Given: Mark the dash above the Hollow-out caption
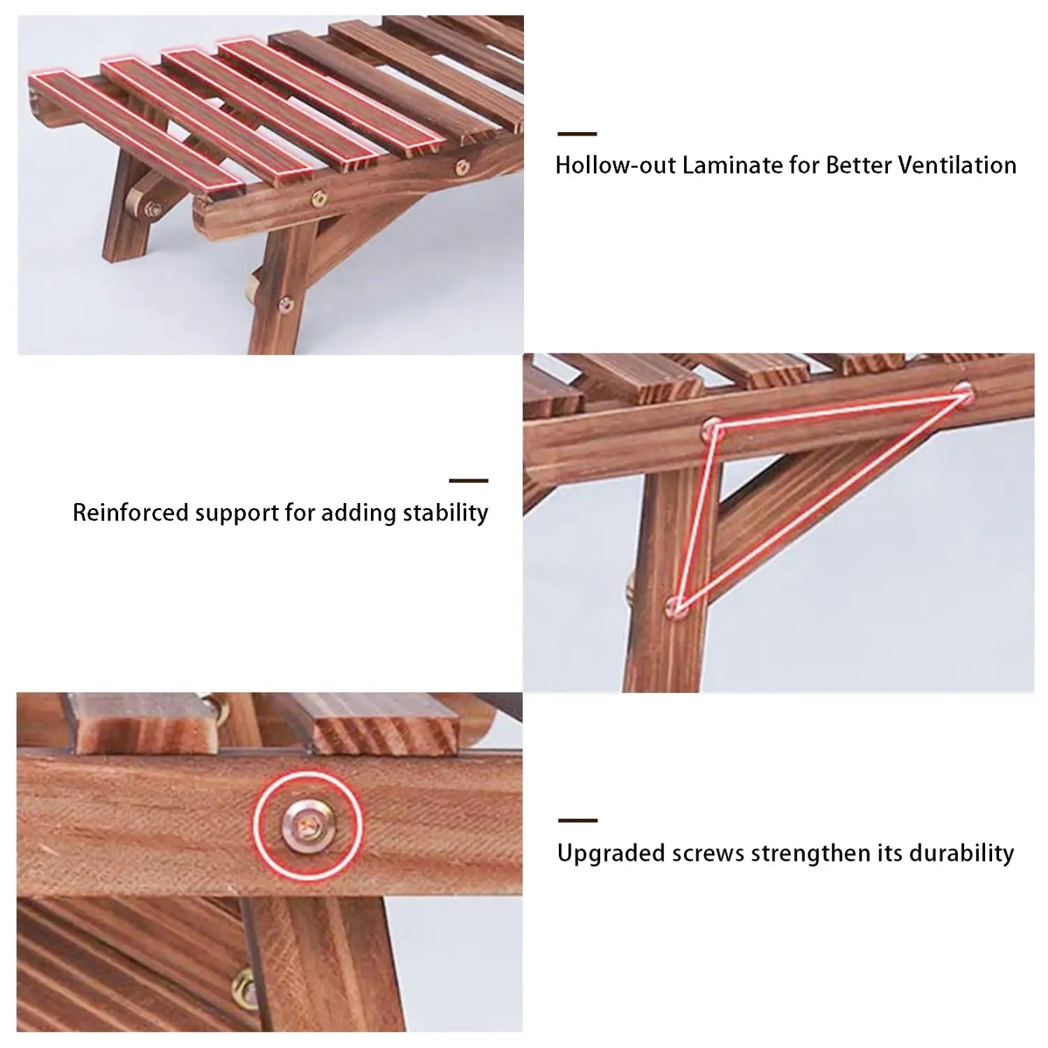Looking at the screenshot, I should [x=577, y=133].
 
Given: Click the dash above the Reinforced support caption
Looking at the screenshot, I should [x=468, y=481].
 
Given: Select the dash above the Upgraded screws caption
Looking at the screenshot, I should [x=577, y=820].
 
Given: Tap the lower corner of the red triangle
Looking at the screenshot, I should [x=676, y=606].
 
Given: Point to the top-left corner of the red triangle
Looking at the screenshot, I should [x=713, y=427].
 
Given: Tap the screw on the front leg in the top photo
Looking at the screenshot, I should [x=286, y=303].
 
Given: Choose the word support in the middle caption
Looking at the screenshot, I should [x=237, y=513].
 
